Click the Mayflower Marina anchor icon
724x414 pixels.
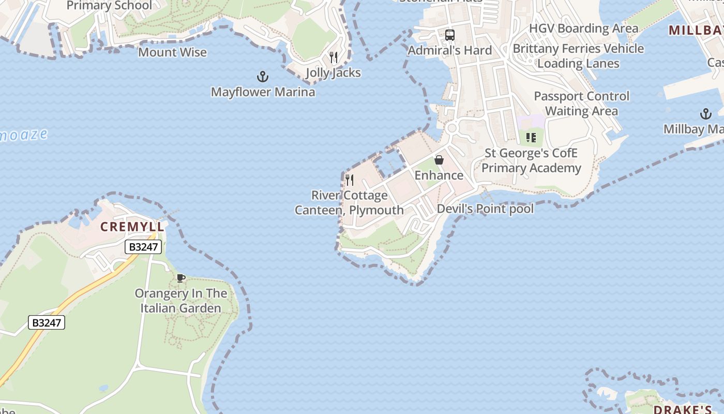pyautogui.click(x=263, y=77)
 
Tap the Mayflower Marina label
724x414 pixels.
pyautogui.click(x=263, y=92)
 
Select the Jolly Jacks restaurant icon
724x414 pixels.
pyautogui.click(x=334, y=57)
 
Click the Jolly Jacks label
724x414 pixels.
pyautogui.click(x=333, y=72)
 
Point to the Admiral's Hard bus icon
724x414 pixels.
pyautogui.click(x=450, y=35)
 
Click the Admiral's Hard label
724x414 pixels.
pyautogui.click(x=449, y=50)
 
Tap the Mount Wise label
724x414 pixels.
pyautogui.click(x=172, y=52)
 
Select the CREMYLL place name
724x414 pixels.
pyautogui.click(x=132, y=227)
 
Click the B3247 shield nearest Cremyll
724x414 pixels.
pyautogui.click(x=143, y=247)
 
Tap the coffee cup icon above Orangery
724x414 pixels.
pyautogui.click(x=181, y=278)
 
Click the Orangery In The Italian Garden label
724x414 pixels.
pyautogui.click(x=181, y=301)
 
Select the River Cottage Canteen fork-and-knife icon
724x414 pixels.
pyautogui.click(x=350, y=180)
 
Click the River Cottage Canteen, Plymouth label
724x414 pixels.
pyautogui.click(x=349, y=202)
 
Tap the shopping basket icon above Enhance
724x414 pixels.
pyautogui.click(x=439, y=160)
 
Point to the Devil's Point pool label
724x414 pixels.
pyautogui.click(x=485, y=209)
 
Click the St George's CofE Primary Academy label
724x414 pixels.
pyautogui.click(x=531, y=160)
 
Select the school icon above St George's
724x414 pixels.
pyautogui.click(x=531, y=138)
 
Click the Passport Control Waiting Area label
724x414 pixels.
pyautogui.click(x=581, y=103)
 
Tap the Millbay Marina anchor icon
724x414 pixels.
pyautogui.click(x=705, y=114)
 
